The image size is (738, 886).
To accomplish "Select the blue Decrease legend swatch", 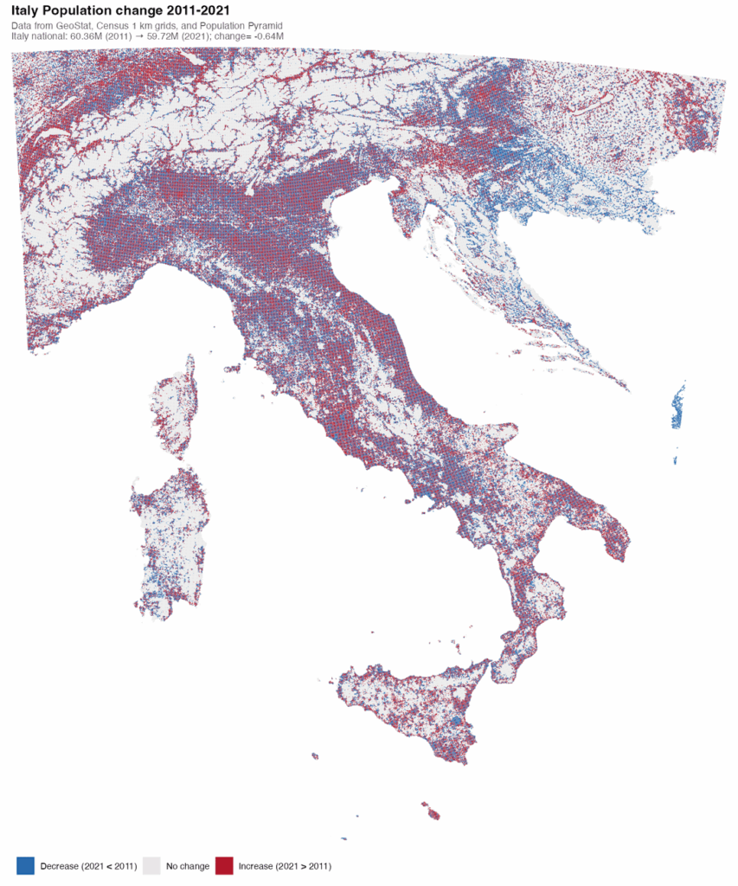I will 26,865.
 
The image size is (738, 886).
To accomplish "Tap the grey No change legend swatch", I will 152,865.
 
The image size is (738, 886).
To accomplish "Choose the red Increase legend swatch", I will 224,865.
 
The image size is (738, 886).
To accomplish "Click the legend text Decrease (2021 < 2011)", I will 88,865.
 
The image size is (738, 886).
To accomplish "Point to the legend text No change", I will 188,865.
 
